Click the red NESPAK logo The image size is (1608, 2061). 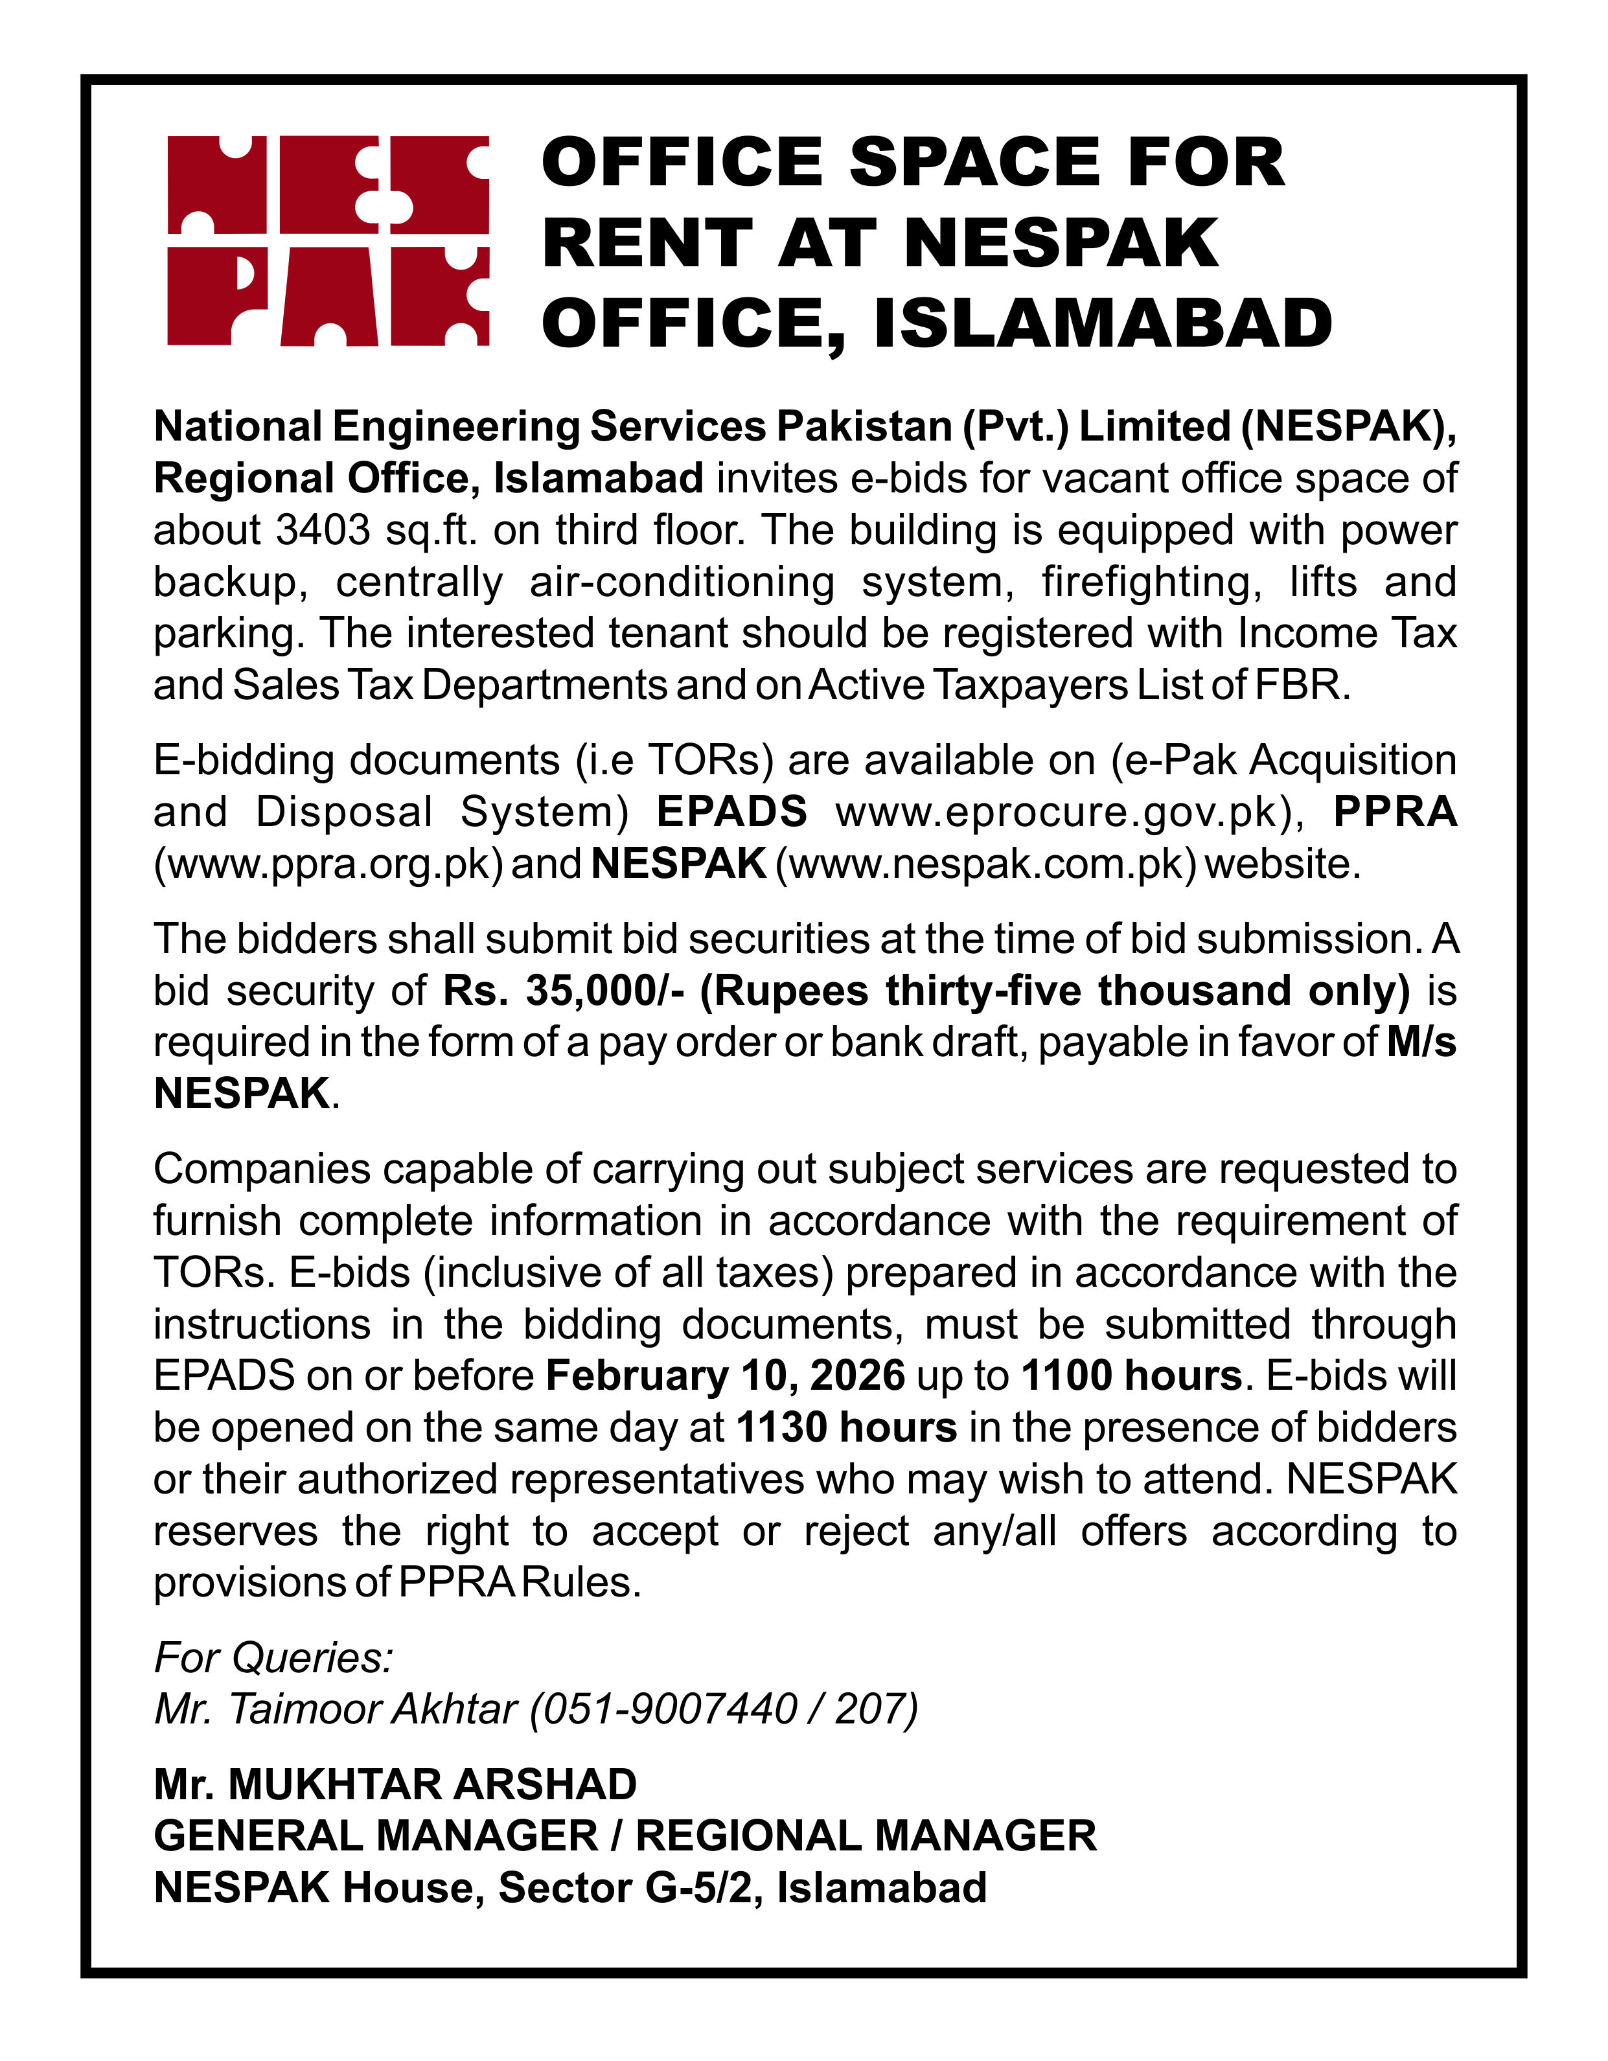pyautogui.click(x=327, y=240)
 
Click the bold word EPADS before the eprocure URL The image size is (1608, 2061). pyautogui.click(x=731, y=812)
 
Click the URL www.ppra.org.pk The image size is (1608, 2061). pyautogui.click(x=327, y=864)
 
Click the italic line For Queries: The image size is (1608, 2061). pyautogui.click(x=273, y=1657)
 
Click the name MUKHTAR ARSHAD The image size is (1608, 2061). pyautogui.click(x=432, y=1784)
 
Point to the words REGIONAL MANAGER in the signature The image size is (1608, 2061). pyautogui.click(x=866, y=1836)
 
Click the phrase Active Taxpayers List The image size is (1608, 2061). pyautogui.click(x=968, y=685)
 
